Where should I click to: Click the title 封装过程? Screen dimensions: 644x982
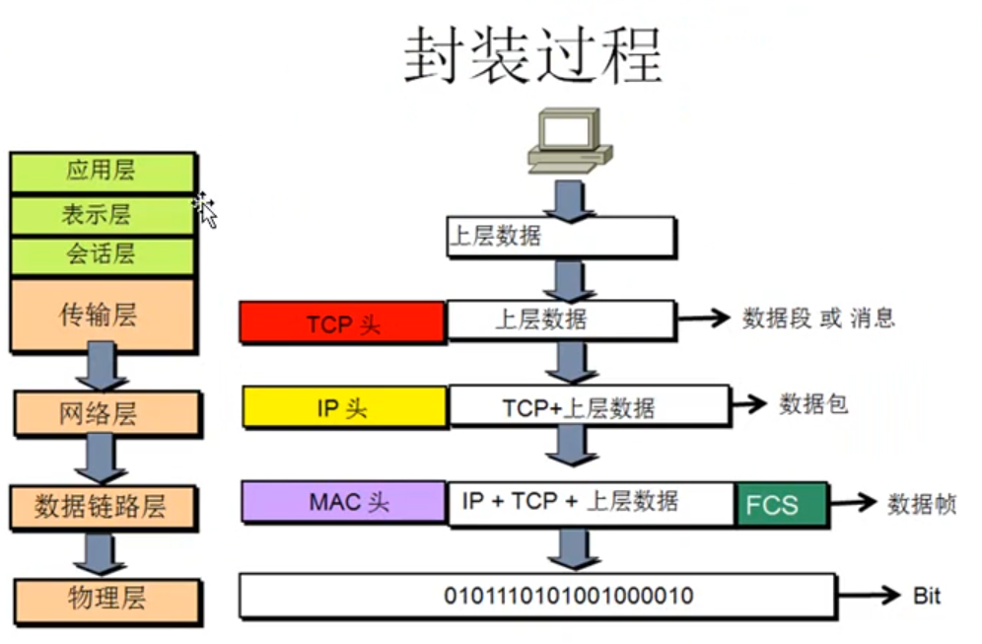[533, 55]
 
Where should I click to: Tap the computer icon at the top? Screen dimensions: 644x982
[569, 141]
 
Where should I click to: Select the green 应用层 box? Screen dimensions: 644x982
[102, 172]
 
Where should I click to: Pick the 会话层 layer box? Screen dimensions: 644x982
[102, 255]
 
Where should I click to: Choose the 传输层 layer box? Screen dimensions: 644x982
[102, 315]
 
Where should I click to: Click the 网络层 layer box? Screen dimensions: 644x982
[106, 413]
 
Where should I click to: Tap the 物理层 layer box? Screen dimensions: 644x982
[106, 599]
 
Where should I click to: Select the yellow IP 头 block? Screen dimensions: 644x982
[342, 407]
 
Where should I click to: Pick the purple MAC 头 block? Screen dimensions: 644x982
[343, 502]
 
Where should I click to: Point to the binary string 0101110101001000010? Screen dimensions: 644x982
[569, 597]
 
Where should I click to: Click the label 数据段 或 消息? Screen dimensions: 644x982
[817, 318]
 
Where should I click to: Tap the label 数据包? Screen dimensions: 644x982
[812, 403]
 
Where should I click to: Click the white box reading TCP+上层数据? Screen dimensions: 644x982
[588, 407]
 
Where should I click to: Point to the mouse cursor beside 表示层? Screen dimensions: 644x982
[204, 210]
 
